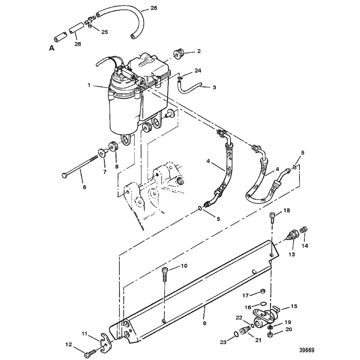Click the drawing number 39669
[307, 351]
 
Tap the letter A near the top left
[52, 48]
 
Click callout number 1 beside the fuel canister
[89, 85]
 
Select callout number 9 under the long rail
[204, 323]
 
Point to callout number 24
[198, 71]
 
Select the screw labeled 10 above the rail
[165, 274]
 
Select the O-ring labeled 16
[264, 304]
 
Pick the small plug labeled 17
[263, 291]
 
